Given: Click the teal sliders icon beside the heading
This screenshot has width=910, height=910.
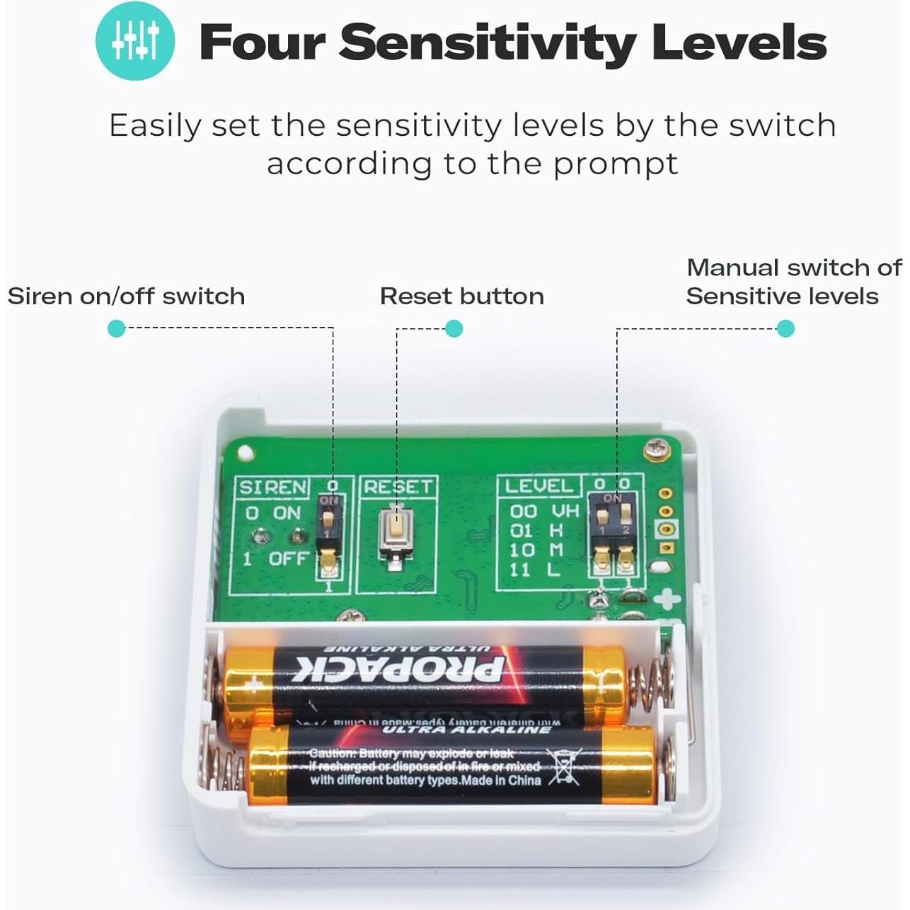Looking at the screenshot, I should (135, 40).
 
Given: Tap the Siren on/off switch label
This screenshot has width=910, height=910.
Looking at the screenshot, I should (126, 296).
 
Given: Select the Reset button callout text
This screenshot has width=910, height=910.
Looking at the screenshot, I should (461, 296).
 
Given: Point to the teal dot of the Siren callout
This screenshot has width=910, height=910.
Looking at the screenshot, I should (116, 328).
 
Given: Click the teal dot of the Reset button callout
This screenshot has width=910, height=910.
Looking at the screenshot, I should (454, 328).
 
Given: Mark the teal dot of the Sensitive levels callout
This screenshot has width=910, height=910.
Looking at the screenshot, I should (785, 328).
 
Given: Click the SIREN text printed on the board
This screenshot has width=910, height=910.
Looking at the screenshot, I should (272, 488).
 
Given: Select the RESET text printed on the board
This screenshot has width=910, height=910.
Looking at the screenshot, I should (397, 487).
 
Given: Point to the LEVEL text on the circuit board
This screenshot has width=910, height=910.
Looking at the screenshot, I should (538, 485).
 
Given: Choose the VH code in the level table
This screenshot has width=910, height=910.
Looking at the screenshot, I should (565, 511).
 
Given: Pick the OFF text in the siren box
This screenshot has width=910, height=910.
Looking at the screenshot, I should (289, 558).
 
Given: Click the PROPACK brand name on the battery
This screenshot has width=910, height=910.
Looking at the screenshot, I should (400, 669).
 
